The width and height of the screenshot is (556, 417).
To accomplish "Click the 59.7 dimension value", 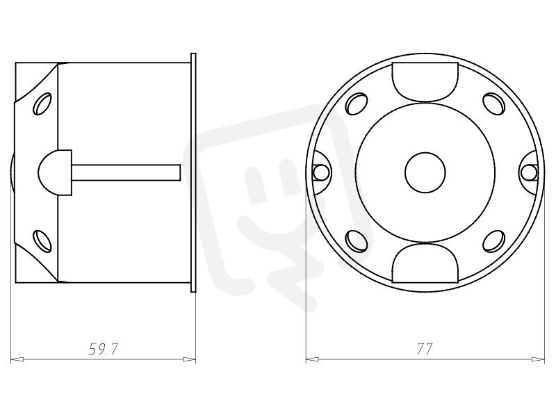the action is click(103, 350).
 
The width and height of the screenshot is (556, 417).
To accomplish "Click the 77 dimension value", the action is click(424, 350).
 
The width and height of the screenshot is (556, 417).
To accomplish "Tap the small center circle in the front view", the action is click(425, 173).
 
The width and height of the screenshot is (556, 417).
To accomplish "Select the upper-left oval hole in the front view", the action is click(356, 104).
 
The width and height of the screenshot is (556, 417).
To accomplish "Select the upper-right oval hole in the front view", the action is click(494, 104).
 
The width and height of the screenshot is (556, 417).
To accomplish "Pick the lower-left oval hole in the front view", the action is click(356, 241).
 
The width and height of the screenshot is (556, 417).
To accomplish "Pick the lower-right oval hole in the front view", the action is click(494, 241).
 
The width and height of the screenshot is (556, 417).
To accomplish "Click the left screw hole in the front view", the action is click(320, 172).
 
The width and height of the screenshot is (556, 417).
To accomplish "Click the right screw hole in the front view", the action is click(529, 172).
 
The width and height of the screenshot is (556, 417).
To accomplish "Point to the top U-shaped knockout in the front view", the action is click(425, 82).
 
